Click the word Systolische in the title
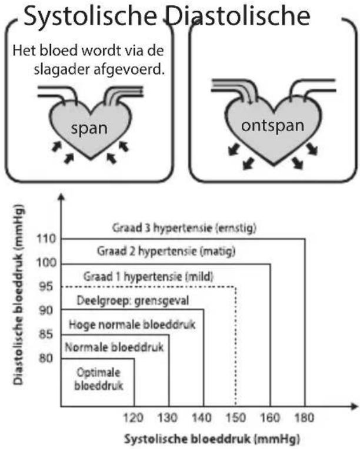[x=90, y=16]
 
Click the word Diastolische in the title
[x=238, y=16]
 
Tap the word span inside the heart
[x=89, y=129]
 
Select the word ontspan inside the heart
[x=272, y=126]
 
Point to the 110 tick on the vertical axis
[x=46, y=239]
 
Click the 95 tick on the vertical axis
[x=46, y=286]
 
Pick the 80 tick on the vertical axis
[x=46, y=358]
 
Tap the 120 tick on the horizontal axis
[x=134, y=418]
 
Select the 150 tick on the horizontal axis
[x=236, y=418]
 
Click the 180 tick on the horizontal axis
[x=304, y=418]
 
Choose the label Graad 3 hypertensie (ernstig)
[x=184, y=228]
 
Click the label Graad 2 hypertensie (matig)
[x=166, y=252]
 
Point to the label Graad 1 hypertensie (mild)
[x=148, y=277]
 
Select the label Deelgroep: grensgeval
[x=133, y=301]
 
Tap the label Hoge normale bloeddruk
[x=132, y=325]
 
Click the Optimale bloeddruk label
[x=99, y=379]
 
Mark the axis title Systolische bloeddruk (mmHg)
[x=212, y=439]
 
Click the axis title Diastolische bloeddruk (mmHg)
[x=19, y=294]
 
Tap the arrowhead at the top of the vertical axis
[x=61, y=197]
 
